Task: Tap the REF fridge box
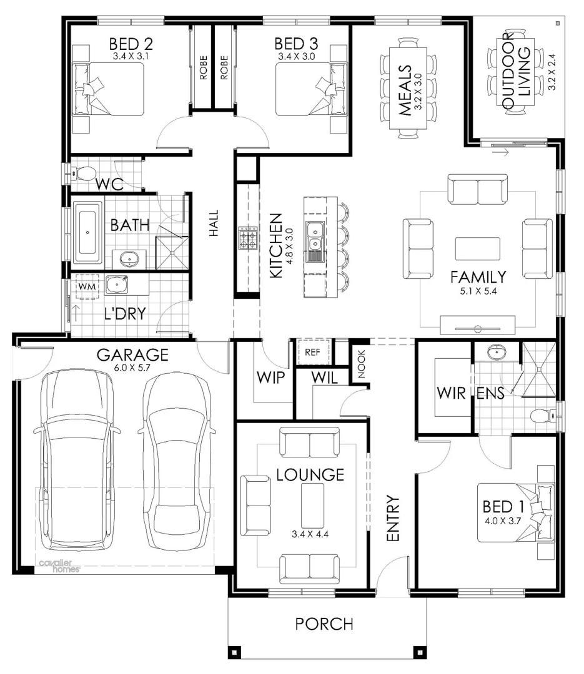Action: point(311,352)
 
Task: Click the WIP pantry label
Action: point(270,378)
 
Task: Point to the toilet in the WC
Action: point(86,172)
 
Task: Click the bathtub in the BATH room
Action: point(87,233)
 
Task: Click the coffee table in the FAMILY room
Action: point(477,249)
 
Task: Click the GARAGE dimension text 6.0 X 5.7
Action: point(132,368)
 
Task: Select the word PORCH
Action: point(324,623)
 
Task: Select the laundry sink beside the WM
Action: point(116,285)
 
